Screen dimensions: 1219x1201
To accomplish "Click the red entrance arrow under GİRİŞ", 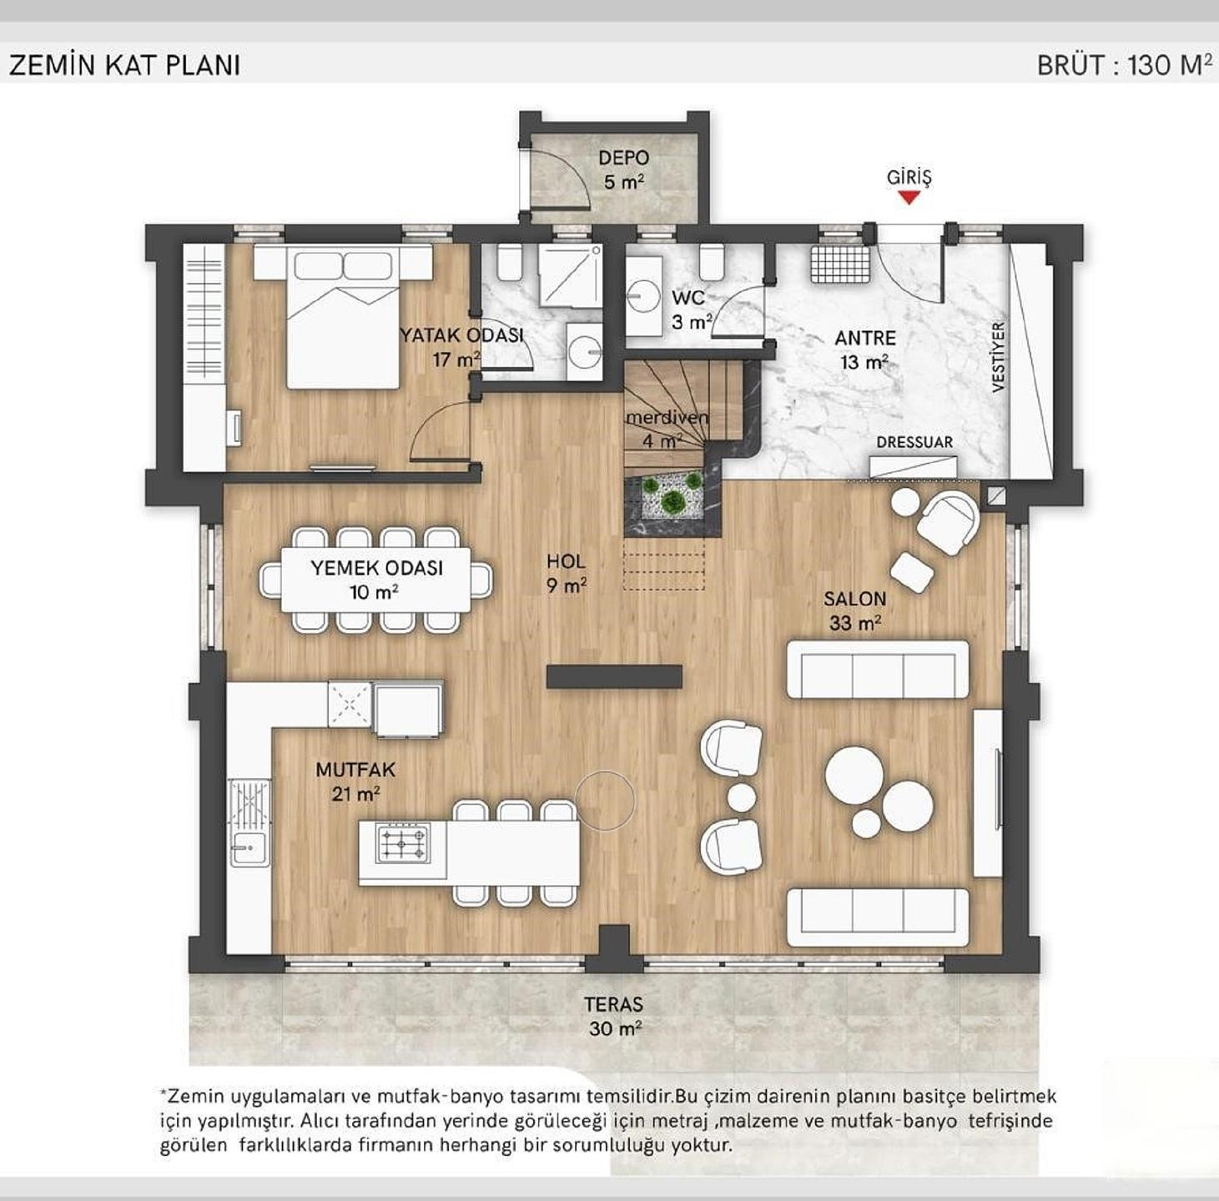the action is click(909, 198).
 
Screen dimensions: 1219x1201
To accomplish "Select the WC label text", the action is click(688, 297).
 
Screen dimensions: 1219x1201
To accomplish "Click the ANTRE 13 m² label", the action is click(864, 349).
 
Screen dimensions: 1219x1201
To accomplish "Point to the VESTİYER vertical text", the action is click(998, 357).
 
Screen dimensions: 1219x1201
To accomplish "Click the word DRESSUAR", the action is click(914, 442).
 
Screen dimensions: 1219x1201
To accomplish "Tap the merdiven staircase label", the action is click(666, 428).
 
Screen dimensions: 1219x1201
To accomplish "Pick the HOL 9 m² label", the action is click(567, 573).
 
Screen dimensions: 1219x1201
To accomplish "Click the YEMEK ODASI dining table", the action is click(375, 580).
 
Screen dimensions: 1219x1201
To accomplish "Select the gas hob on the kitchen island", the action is click(403, 842).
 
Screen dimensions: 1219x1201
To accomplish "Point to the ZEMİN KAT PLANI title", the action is click(124, 66).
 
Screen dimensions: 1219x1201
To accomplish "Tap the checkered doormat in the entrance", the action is click(840, 264).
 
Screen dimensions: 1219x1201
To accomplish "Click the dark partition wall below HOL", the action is click(614, 676).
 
